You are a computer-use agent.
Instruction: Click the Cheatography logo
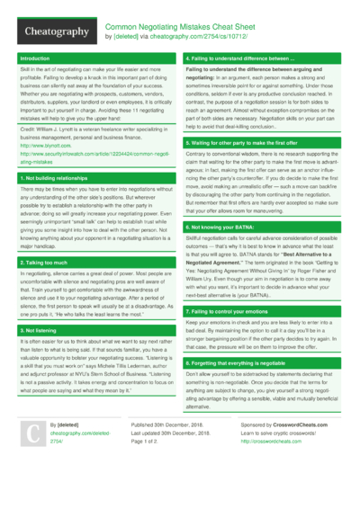53,31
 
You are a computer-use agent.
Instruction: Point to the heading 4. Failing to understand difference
239,58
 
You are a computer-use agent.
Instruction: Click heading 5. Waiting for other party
243,143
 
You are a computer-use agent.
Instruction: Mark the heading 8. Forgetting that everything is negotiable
251,362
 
